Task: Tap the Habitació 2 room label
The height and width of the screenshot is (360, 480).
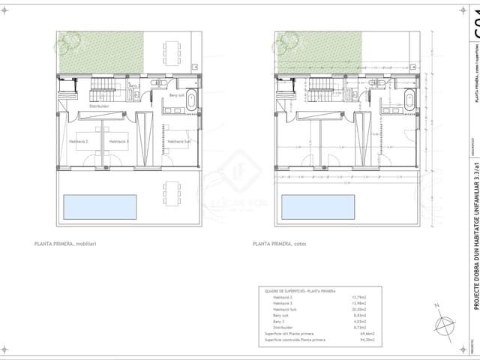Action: point(79,141)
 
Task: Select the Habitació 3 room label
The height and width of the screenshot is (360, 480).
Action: point(118,141)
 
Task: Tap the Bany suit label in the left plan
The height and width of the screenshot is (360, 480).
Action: point(177,95)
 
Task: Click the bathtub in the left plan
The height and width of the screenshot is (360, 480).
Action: point(190,99)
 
